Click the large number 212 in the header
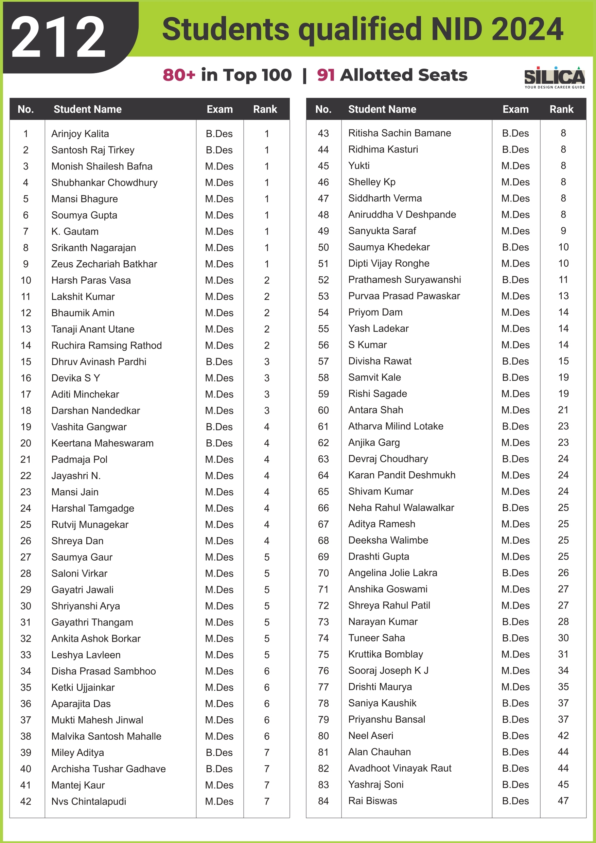tap(58, 37)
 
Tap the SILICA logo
tap(554, 77)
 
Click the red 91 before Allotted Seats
tap(326, 75)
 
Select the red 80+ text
tap(179, 75)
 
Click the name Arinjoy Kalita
tap(80, 134)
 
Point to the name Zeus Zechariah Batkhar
tap(104, 264)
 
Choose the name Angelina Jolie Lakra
tap(392, 573)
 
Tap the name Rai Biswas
tap(372, 801)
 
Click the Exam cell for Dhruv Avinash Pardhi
tap(219, 362)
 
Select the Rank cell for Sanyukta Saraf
tap(563, 231)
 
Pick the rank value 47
tap(563, 801)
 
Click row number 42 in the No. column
tap(26, 801)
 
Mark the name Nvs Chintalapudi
tap(88, 801)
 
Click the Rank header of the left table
tap(265, 109)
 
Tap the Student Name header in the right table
tap(382, 109)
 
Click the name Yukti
tap(359, 165)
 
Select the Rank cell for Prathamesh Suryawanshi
tap(563, 280)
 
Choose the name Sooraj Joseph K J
tap(388, 670)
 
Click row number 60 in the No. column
tap(323, 410)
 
